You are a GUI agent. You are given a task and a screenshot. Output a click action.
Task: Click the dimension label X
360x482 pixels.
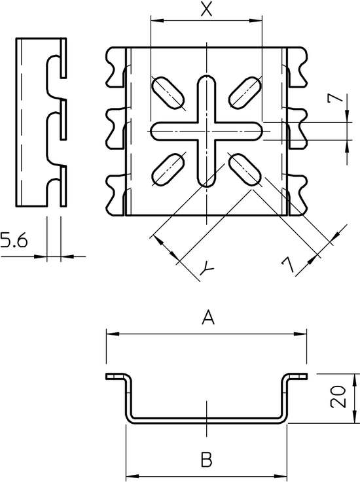tap(206, 9)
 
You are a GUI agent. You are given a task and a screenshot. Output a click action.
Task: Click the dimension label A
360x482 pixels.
tap(208, 318)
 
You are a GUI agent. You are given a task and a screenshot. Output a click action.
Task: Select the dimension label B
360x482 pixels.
tap(206, 460)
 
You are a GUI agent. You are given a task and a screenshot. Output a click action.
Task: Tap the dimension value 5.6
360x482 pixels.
tap(14, 240)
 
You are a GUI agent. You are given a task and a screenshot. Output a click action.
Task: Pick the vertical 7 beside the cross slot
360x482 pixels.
tap(335, 98)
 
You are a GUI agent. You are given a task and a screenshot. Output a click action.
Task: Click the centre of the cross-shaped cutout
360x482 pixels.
tap(206, 131)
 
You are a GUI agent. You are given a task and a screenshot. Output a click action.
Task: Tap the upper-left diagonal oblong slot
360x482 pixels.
tap(168, 92)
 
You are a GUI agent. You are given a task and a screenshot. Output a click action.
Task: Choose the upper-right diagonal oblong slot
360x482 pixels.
tap(245, 92)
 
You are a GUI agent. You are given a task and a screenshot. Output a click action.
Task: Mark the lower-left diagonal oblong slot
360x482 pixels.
tap(168, 169)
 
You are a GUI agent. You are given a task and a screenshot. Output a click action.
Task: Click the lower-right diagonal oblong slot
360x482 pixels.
tap(245, 169)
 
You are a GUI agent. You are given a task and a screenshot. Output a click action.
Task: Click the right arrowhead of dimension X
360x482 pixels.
tap(255, 20)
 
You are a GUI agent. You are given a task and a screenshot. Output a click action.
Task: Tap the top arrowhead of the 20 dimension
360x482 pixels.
tap(355, 380)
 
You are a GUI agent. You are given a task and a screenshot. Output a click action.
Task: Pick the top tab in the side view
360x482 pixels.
tap(63, 58)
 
